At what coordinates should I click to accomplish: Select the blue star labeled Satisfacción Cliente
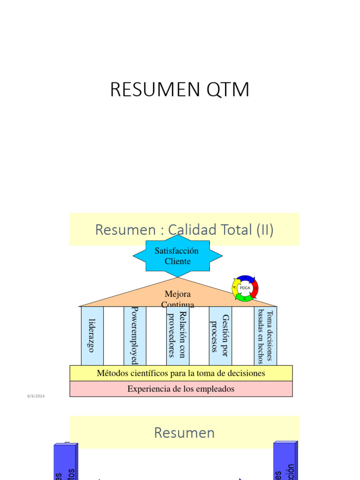pos(177,256)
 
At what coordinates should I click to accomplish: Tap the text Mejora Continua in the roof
pos(178,299)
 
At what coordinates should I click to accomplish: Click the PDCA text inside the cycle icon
pos(245,288)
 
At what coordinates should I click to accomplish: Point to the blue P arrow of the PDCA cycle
pos(246,278)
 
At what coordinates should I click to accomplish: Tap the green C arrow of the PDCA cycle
pos(245,298)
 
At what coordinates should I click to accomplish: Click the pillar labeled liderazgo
pos(92,336)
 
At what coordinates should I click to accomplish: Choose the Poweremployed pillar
pos(135,336)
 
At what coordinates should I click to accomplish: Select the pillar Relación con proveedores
pos(178,336)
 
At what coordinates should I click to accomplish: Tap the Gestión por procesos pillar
pos(220,336)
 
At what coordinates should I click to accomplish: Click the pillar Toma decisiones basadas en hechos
pos(265,336)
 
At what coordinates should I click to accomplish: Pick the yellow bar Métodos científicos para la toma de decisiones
pos(181,373)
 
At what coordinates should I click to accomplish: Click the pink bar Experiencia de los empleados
pos(181,389)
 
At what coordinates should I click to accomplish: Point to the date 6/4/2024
pos(36,397)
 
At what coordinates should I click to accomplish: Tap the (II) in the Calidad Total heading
pos(264,230)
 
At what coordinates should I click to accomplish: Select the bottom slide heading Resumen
pos(184,433)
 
